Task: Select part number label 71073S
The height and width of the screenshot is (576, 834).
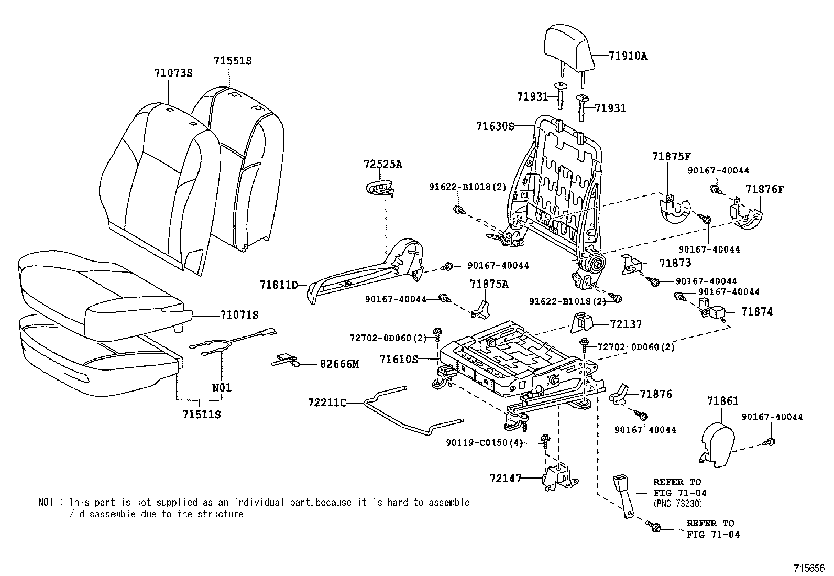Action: [173, 73]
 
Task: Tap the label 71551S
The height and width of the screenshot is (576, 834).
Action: [233, 61]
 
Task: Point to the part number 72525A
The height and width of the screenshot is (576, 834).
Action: [382, 164]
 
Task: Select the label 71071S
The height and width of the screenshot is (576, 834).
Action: [239, 315]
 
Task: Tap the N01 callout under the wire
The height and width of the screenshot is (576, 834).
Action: [222, 388]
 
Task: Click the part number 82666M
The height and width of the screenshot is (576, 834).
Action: [339, 364]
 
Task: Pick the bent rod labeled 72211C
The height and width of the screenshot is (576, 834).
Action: [398, 414]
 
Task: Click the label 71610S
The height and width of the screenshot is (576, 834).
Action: [398, 359]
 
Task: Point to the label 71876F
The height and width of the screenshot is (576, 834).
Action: [765, 189]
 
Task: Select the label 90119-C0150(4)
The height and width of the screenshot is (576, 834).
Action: [484, 443]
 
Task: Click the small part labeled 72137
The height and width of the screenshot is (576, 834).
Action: [581, 322]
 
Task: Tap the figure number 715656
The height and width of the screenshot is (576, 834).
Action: [809, 568]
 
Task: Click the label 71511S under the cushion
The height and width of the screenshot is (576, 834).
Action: [202, 415]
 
